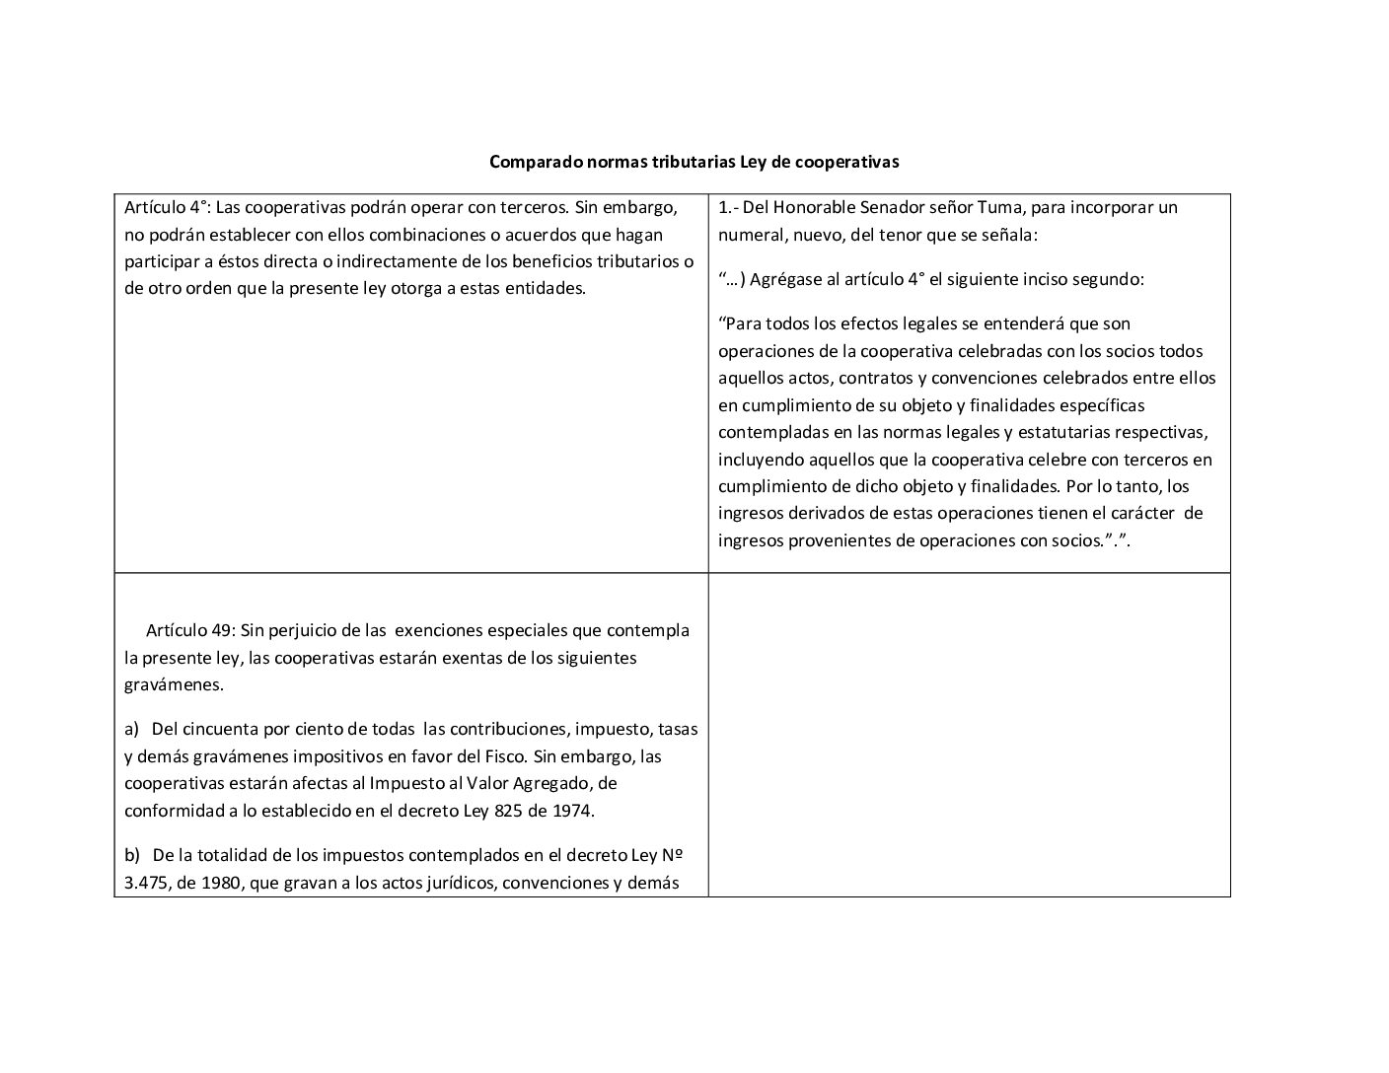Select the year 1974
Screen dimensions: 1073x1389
[x=571, y=811]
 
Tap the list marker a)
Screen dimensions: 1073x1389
[x=132, y=730]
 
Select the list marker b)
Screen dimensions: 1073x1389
[x=132, y=855]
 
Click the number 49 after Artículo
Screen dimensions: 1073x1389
[x=222, y=630]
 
